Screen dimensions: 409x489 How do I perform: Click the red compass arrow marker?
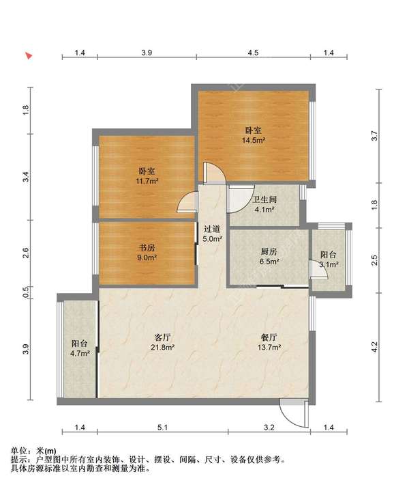coord(29,56)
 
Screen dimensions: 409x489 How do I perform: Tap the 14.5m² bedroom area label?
coord(254,140)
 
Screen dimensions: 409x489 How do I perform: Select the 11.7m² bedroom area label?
coord(147,181)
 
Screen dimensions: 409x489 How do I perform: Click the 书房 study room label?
coord(147,248)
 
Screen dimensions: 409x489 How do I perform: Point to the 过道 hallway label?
coord(212,229)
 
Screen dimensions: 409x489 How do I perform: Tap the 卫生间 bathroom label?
coord(264,199)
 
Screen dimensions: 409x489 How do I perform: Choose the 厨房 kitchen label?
coord(269,251)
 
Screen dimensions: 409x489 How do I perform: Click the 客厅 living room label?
coord(162,337)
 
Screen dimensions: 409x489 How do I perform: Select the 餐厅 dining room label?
coord(269,337)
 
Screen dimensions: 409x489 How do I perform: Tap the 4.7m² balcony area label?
coord(80,354)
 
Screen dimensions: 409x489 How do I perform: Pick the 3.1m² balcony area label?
coord(329,265)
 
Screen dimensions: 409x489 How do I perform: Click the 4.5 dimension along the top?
coord(253,53)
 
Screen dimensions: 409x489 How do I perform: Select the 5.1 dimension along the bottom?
coord(162,428)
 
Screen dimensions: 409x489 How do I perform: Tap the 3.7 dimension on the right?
coord(374,136)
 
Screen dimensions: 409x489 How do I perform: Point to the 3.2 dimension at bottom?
coord(269,428)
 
